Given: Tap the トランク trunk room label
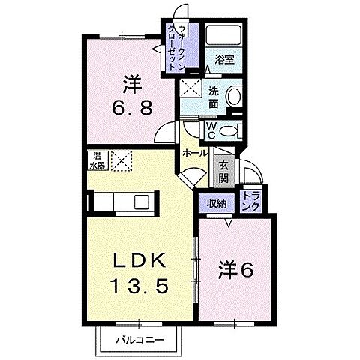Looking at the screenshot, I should (249, 202).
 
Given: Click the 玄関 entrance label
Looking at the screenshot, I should (223, 173).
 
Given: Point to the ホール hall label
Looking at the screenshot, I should (196, 153).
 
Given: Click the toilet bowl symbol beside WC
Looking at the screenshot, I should (230, 130).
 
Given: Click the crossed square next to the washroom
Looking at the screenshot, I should (189, 88).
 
